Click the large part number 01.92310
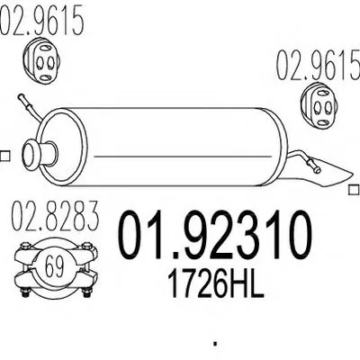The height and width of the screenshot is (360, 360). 215,235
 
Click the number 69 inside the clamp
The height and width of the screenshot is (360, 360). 55,267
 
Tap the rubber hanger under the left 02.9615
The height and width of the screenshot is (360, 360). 42,61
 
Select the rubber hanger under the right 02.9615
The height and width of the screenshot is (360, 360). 319,106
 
